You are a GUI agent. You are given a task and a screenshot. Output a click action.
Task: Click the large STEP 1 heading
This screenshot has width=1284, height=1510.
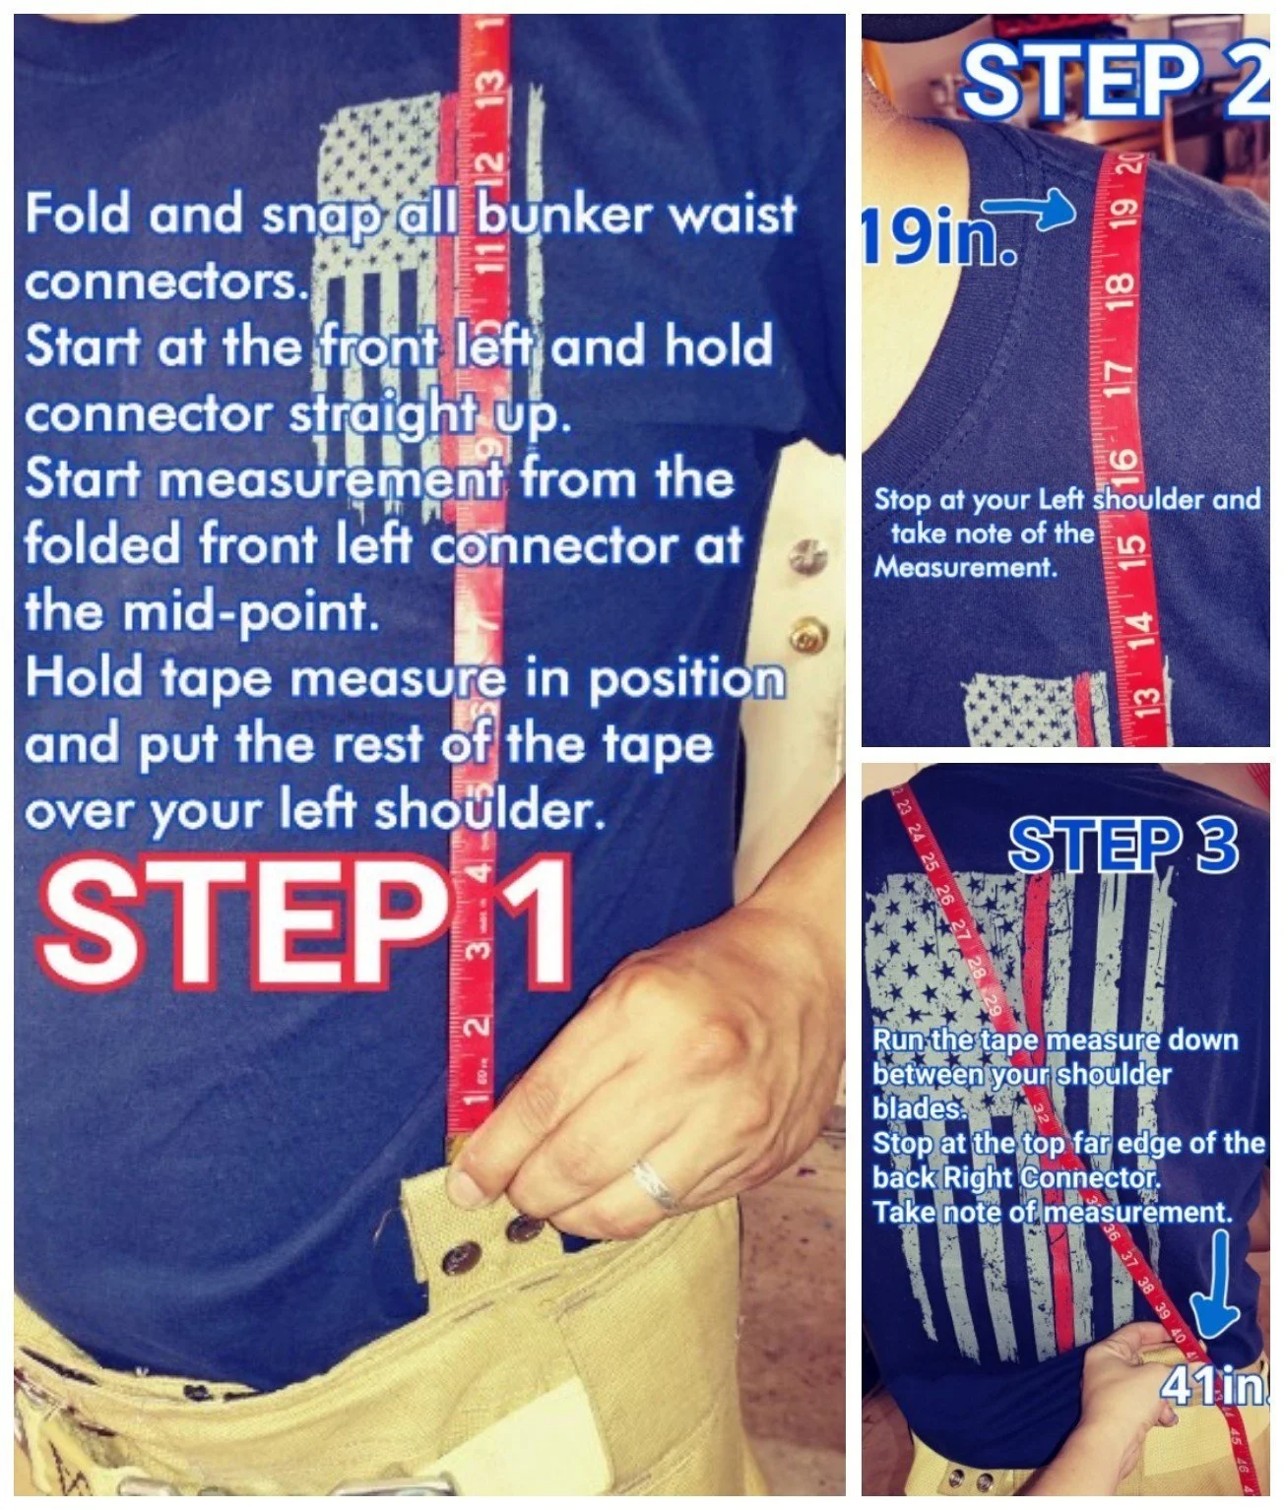pyautogui.click(x=305, y=925)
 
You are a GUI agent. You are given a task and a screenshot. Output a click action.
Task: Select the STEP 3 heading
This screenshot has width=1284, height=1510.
pyautogui.click(x=1123, y=845)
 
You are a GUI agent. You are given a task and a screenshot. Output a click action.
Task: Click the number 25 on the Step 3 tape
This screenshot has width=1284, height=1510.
pyautogui.click(x=930, y=864)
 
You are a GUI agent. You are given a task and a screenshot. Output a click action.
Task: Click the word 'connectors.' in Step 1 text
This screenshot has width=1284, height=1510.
pyautogui.click(x=162, y=282)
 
